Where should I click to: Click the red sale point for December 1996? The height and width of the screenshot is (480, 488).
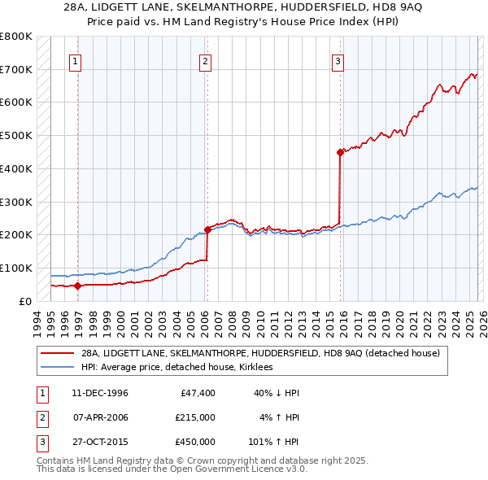tap(77, 286)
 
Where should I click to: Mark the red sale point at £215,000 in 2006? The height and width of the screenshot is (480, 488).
tap(207, 229)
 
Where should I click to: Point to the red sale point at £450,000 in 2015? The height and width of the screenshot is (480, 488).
tap(340, 151)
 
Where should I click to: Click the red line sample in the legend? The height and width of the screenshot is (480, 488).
tap(57, 353)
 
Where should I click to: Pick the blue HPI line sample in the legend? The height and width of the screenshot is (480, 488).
tap(57, 367)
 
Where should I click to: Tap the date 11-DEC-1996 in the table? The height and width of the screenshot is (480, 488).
tap(100, 393)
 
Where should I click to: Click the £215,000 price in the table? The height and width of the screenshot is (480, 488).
tap(194, 417)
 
